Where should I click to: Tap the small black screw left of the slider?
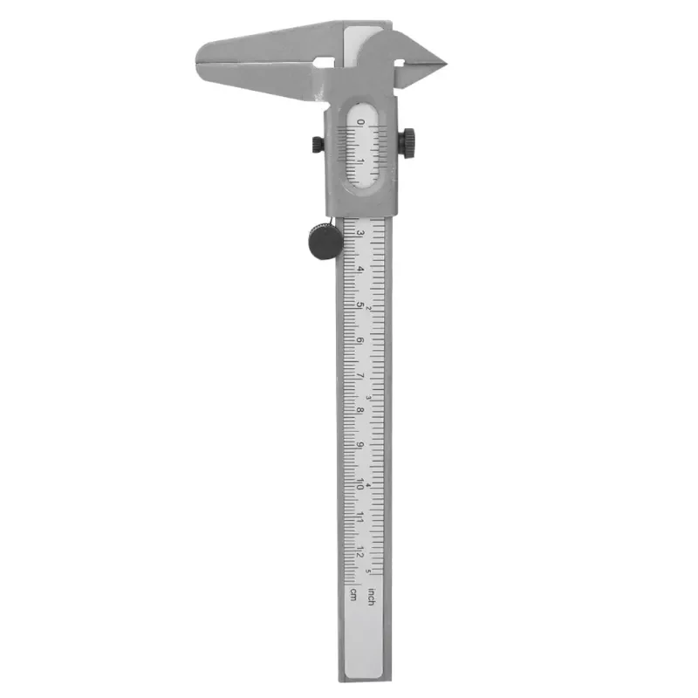click(x=314, y=143)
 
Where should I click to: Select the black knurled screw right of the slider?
click(x=407, y=140)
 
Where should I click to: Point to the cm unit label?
click(x=353, y=595)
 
